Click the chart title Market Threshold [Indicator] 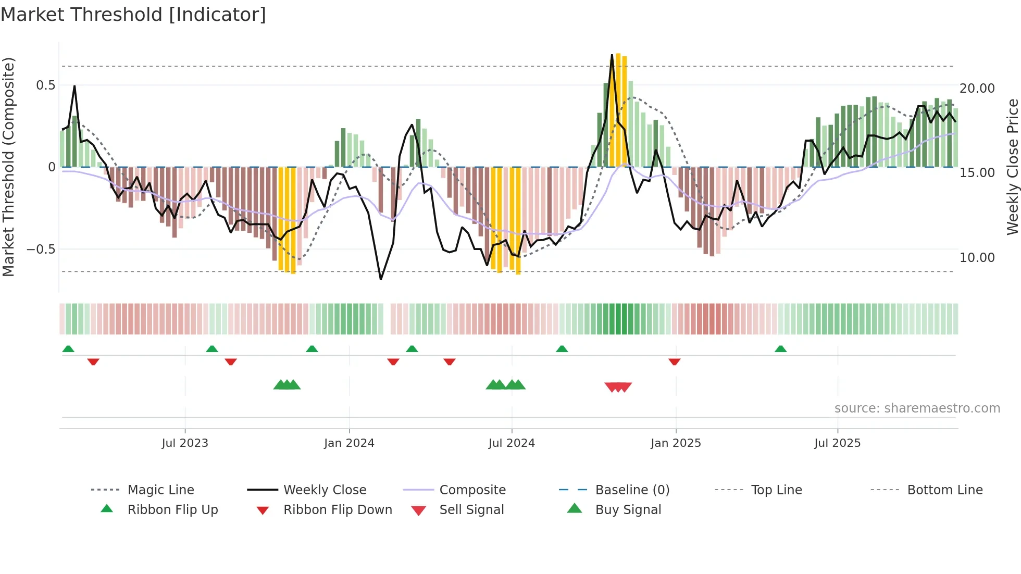(133, 15)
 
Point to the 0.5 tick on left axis (45, 85)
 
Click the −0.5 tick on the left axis (41, 249)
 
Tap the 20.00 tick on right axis (977, 89)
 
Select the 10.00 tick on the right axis (977, 258)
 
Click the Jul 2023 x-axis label (185, 443)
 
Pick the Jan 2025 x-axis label (676, 443)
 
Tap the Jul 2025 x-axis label (837, 443)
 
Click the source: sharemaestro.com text (917, 408)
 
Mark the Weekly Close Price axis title (1012, 167)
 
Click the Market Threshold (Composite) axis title (8, 167)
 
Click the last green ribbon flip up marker (780, 349)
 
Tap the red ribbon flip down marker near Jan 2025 (674, 361)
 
